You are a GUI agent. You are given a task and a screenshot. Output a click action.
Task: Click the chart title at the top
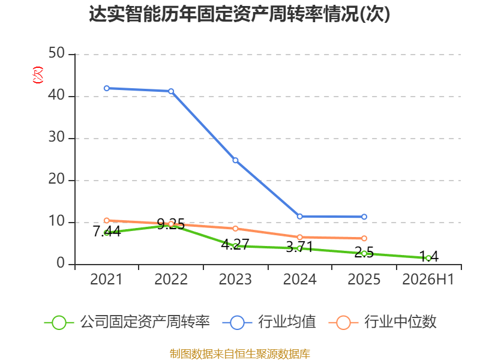pos(239,14)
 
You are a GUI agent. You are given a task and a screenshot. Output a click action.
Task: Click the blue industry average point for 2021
pos(107,88)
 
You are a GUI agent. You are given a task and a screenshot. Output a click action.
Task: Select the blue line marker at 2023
pos(235,160)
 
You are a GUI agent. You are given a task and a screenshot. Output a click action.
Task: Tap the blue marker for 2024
pos(299,217)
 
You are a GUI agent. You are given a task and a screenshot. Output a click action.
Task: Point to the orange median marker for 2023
pos(235,229)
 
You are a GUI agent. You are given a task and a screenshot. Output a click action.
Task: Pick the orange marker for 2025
pos(364,238)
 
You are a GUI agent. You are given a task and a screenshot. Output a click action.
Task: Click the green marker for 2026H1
pos(428,259)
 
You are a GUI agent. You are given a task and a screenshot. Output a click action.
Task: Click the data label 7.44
pos(107,232)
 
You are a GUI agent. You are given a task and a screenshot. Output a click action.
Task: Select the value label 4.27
pos(235,245)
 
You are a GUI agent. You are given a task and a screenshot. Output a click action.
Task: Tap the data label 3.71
pos(299,247)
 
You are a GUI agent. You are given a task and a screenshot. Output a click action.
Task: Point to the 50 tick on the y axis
pos(56,53)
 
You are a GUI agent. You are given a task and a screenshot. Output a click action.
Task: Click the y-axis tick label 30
pos(56,137)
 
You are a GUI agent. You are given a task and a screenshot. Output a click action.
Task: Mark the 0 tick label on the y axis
pos(61,263)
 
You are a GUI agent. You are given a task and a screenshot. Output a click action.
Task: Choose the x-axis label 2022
pos(171,280)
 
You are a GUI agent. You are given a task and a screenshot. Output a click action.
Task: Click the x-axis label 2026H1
pos(428,280)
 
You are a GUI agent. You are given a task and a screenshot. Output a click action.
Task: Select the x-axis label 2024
pos(299,280)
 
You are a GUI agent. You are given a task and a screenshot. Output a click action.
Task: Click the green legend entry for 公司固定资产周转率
pos(127,322)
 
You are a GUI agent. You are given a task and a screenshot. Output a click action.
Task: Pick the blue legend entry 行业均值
pos(269,322)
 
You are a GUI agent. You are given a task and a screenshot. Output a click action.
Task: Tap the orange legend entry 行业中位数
pos(382,322)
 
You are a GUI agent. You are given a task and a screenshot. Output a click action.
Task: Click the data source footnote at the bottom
pos(239,354)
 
